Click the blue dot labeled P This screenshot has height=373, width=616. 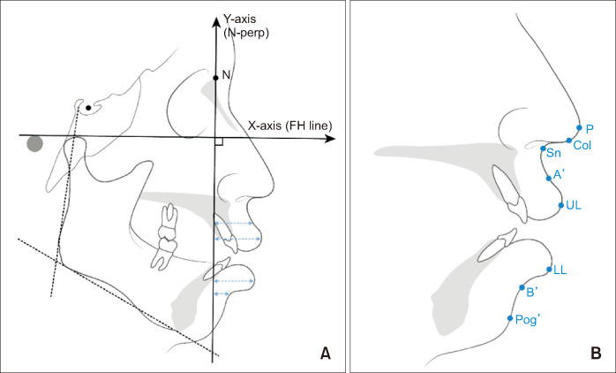[x=579, y=127]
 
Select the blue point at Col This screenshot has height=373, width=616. [x=569, y=141]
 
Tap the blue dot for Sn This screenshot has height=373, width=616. [x=543, y=148]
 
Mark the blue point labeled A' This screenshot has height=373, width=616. [x=549, y=177]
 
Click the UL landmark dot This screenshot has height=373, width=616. [x=560, y=205]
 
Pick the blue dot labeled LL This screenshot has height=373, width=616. [x=550, y=269]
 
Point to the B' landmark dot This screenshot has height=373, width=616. [x=522, y=287]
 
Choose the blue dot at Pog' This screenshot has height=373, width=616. [x=510, y=318]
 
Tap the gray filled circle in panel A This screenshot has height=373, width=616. [x=34, y=143]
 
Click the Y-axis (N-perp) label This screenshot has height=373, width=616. [x=246, y=26]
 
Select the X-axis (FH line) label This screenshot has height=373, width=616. [x=289, y=126]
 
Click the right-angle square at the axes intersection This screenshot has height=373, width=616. [x=217, y=141]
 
